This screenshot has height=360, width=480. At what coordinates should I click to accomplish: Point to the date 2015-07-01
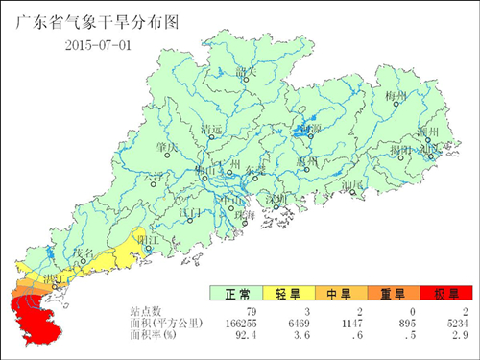[x=100, y=45]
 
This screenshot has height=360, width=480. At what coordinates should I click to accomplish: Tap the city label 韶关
[x=247, y=70]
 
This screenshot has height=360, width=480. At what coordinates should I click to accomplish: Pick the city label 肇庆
[x=166, y=146]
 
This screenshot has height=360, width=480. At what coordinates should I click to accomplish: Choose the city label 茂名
[x=87, y=252]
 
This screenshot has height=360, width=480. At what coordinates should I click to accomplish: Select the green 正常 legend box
[x=236, y=293]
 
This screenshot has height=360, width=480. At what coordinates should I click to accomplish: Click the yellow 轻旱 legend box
[x=288, y=293]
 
